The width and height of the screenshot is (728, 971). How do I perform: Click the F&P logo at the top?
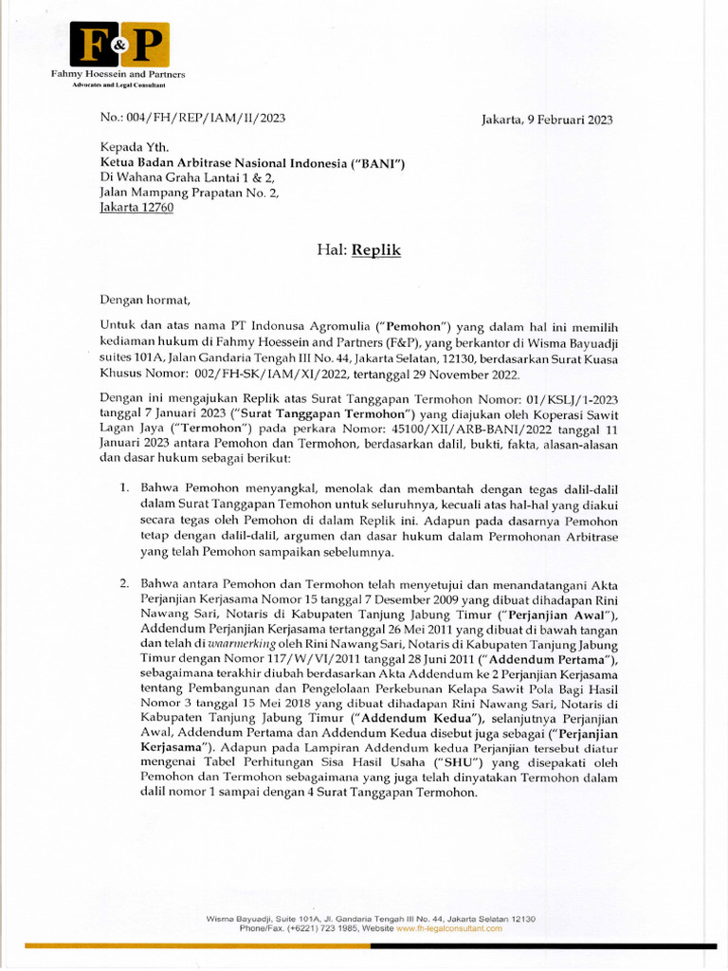119,45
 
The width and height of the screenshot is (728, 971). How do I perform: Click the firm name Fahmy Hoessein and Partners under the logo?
118,74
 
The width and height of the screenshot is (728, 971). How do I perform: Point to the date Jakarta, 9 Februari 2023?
547,119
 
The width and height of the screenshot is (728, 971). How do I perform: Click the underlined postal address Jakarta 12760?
136,208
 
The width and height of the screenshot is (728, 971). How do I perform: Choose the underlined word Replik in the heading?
376,250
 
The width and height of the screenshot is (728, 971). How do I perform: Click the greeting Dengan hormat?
145,302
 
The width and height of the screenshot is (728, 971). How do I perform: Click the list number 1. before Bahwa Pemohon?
124,487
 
